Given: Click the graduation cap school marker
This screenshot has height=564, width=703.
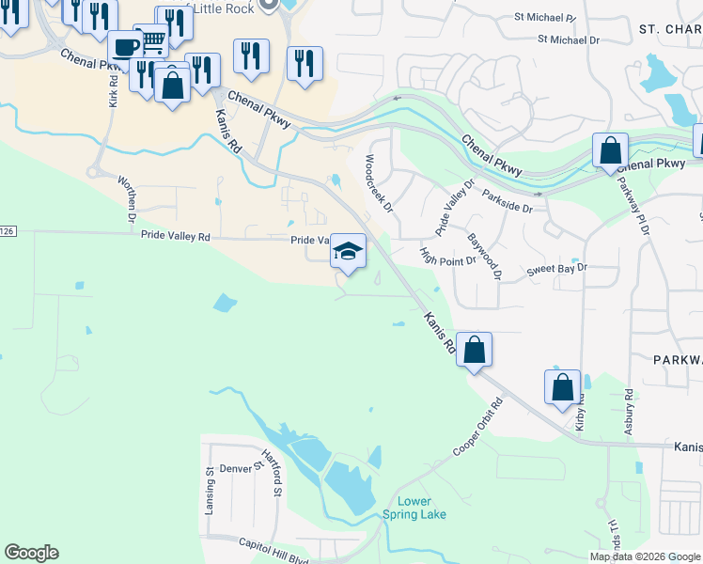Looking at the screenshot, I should [x=348, y=251].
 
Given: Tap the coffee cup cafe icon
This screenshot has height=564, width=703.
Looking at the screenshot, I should [x=125, y=46].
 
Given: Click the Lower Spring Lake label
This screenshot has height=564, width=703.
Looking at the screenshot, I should [x=414, y=508].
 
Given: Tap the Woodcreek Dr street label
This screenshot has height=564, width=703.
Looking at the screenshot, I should [x=379, y=180].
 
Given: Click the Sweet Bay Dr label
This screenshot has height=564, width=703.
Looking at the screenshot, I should [x=556, y=268].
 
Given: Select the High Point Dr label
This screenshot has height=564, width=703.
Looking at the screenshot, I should [x=448, y=257].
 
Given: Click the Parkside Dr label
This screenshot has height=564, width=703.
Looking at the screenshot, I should [x=507, y=200].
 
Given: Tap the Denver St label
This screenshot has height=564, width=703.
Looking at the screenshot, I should [x=237, y=468].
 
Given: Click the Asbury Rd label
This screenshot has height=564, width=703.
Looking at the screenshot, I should [x=627, y=413].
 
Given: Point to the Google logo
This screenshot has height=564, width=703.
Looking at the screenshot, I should [x=31, y=553].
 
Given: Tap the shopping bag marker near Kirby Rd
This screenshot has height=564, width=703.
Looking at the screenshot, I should [x=562, y=388].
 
